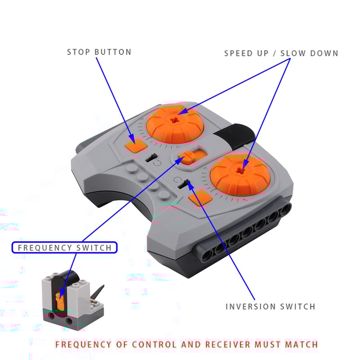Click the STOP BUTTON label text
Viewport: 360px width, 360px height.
pos(99,52)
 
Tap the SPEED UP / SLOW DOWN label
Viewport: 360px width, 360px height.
pos(281,54)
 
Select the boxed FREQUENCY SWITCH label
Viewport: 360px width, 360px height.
pos(64,247)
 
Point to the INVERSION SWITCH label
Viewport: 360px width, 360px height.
pos(270,306)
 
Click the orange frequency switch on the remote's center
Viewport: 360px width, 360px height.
pos(188,157)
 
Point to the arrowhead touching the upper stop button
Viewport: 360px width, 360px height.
pos(132,140)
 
